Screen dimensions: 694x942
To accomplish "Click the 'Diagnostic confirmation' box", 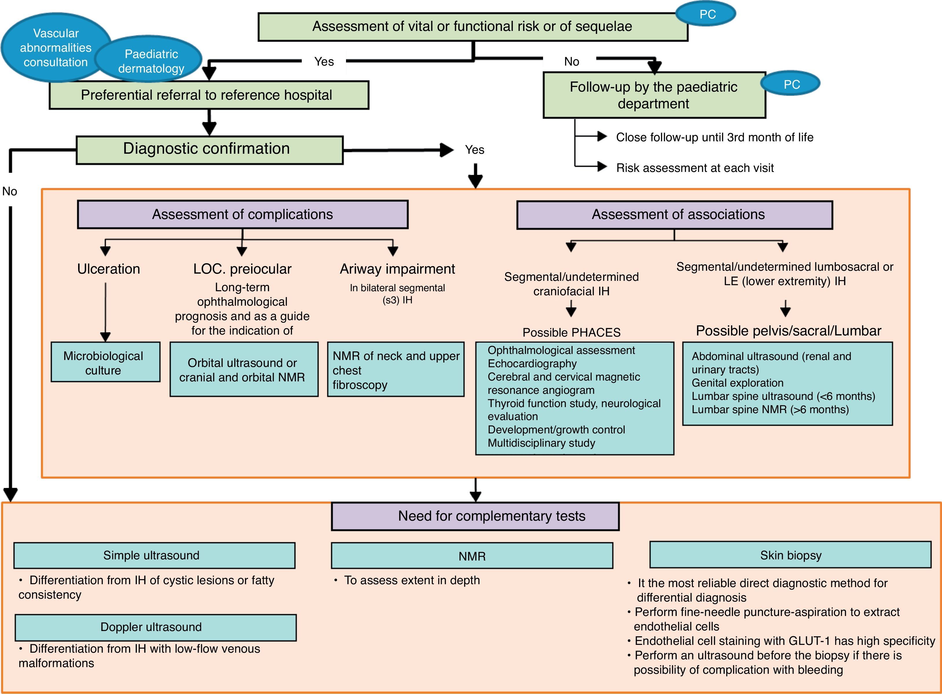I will coord(209,150).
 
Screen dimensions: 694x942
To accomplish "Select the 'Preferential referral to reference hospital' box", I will coord(209,95).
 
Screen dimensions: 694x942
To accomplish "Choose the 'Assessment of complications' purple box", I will coord(243,215).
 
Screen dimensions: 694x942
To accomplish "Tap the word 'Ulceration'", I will coord(108,269).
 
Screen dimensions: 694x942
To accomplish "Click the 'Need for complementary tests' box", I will coord(475,516).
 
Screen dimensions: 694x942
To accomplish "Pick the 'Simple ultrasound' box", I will coord(154,555).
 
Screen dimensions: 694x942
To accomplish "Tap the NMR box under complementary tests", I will coord(472,556).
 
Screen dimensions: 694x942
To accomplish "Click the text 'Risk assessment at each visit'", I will coord(695,168).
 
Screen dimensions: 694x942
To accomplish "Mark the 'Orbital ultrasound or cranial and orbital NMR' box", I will coord(244,370).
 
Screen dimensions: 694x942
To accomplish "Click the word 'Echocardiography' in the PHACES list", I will coord(532,363).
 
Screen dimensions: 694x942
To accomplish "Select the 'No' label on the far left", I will coord(10,192).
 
